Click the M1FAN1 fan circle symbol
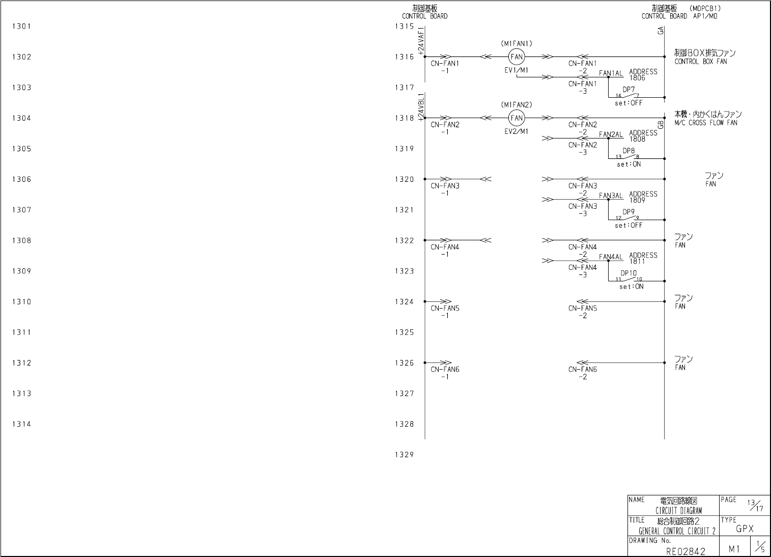coord(517,57)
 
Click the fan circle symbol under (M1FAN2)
coord(517,118)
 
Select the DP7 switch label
coord(629,90)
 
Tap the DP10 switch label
coord(629,273)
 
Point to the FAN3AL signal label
coord(611,196)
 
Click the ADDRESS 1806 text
coord(643,75)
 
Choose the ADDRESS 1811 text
coord(643,258)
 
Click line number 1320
coord(404,179)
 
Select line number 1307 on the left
coord(22,210)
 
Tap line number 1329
coord(404,455)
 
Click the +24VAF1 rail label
coord(421,43)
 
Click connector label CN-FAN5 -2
coord(583,312)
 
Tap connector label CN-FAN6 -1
coord(445,373)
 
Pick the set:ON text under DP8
coord(629,164)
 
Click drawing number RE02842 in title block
coord(686,551)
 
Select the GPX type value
coord(745,529)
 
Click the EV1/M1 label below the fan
coord(516,70)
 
